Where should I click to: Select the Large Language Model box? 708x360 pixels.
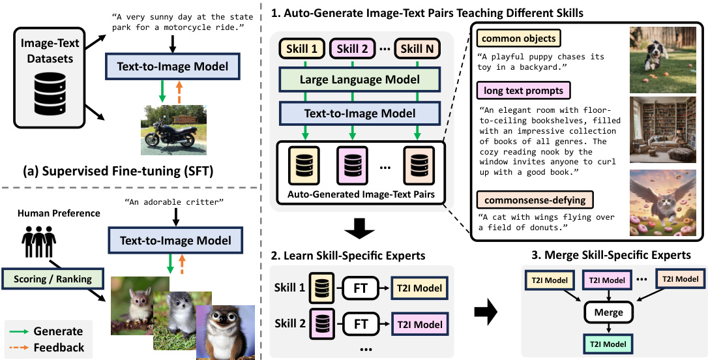(350, 80)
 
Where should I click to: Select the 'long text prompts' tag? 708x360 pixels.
(524, 89)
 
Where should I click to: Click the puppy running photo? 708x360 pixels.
(664, 59)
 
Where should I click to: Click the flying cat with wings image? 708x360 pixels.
(664, 203)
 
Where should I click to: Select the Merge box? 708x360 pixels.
(608, 312)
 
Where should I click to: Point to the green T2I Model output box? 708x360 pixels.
(608, 343)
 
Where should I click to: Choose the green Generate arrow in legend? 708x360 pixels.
(22, 331)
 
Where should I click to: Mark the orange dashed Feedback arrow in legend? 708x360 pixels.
(22, 348)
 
